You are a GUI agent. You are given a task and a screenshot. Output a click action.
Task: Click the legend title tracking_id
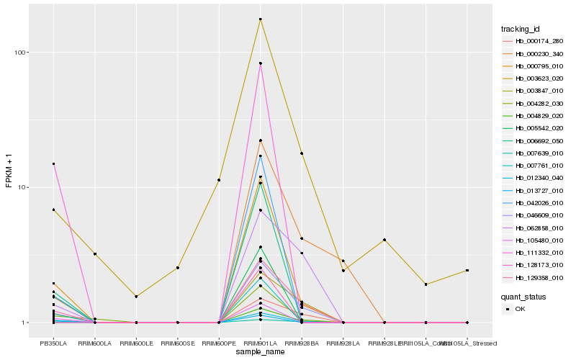(x=521, y=29)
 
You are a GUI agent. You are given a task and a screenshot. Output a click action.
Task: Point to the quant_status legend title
(x=523, y=296)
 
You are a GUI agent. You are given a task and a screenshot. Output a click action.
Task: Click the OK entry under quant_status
(x=520, y=308)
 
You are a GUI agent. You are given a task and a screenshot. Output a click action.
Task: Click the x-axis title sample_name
(x=260, y=352)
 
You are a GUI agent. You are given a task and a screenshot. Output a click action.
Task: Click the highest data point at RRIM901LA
(x=260, y=19)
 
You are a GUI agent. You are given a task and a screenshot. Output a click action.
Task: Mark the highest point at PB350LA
(x=53, y=163)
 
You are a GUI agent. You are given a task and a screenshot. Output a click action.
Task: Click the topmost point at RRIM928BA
(x=302, y=153)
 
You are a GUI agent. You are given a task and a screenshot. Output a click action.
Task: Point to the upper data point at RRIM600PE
(x=219, y=180)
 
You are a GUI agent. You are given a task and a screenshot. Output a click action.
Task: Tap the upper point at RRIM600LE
(x=136, y=296)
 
